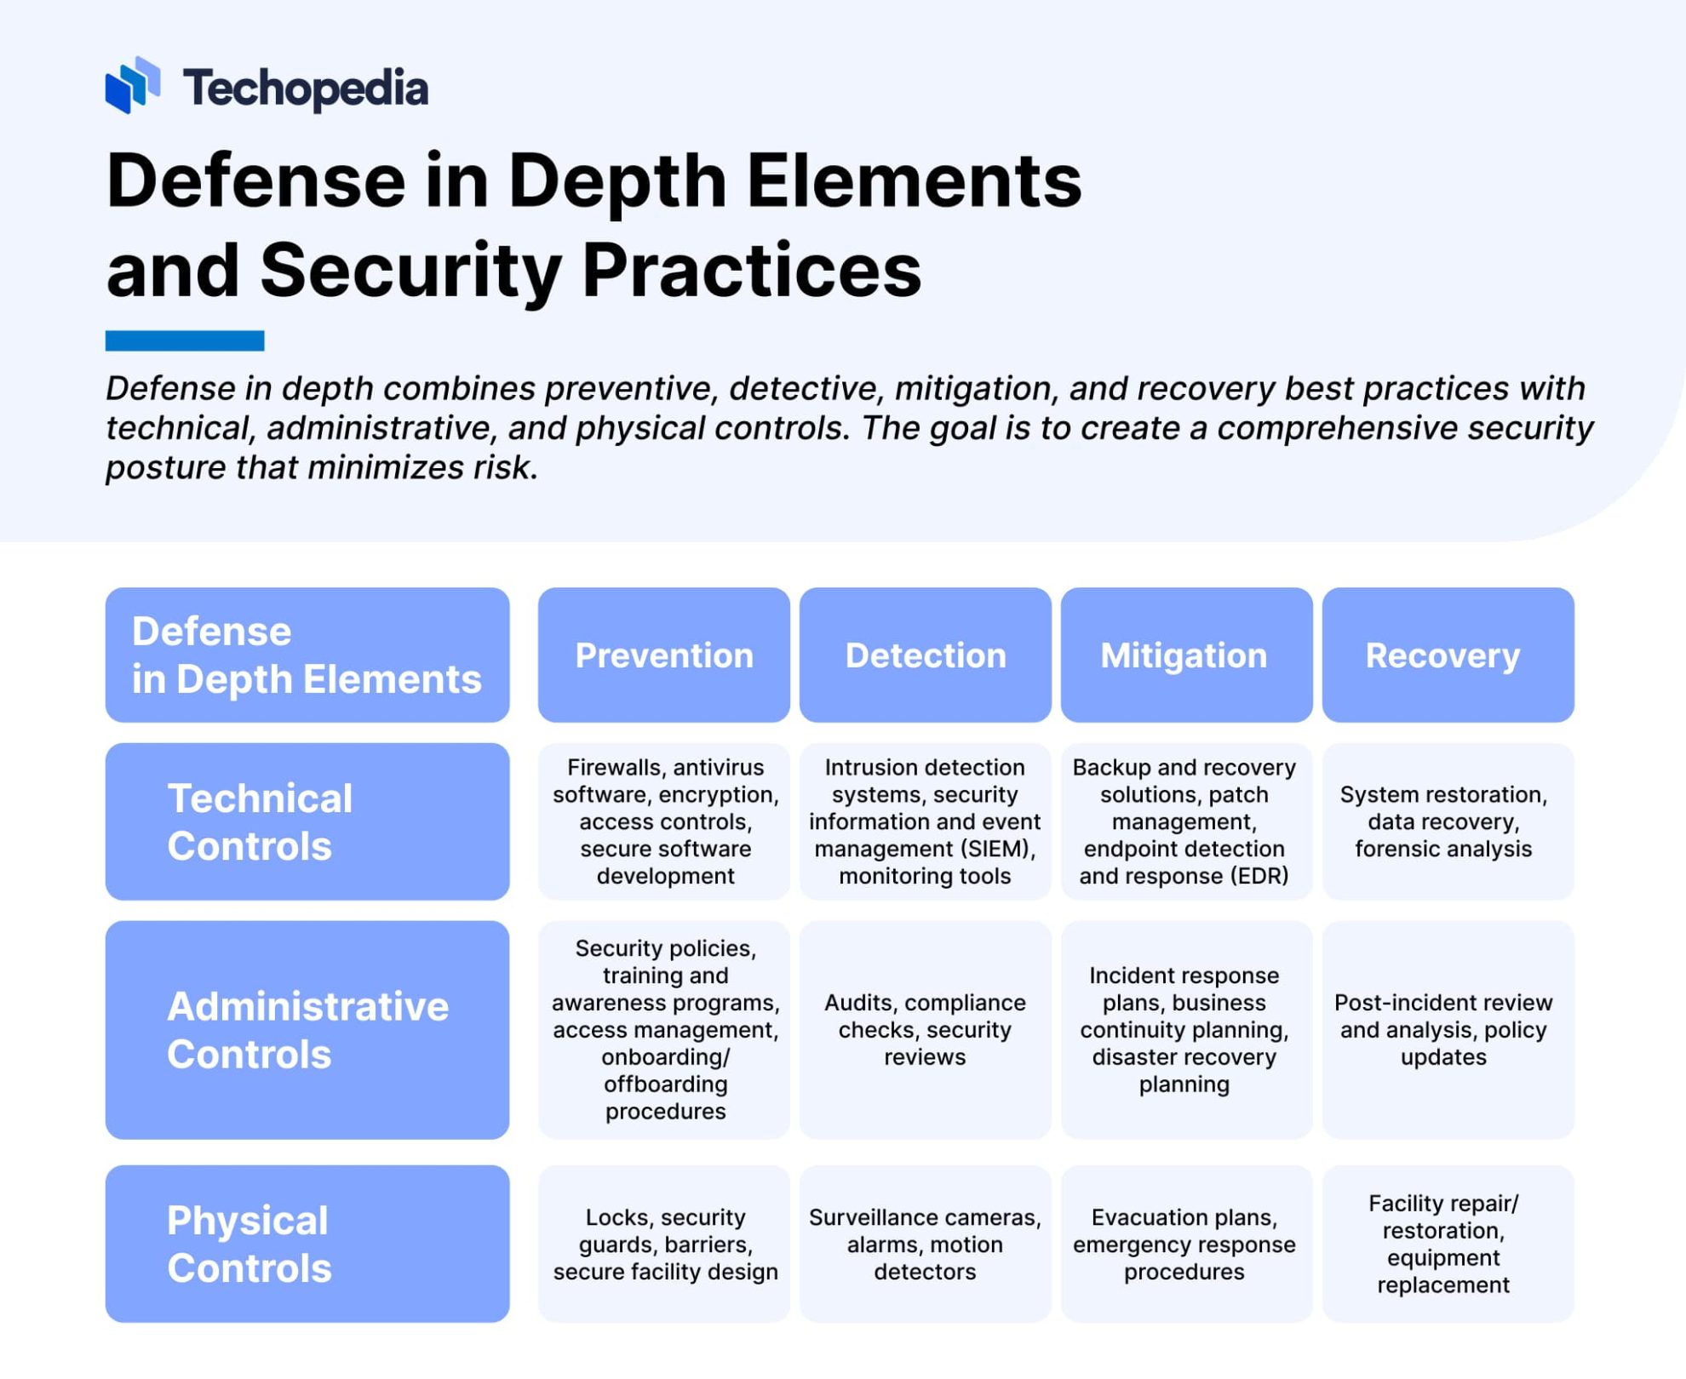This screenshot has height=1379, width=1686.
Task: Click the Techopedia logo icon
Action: point(132,85)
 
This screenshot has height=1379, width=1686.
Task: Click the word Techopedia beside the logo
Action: point(305,88)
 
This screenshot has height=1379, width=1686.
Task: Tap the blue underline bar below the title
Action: point(184,340)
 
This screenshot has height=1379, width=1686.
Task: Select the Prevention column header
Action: point(663,655)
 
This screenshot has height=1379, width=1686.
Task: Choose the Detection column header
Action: point(925,655)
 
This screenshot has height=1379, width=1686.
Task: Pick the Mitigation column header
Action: point(1185,655)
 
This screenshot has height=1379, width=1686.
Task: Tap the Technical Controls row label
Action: point(307,821)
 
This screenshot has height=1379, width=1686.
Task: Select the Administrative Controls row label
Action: point(307,1029)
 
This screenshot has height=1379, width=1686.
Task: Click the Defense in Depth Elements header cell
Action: point(307,655)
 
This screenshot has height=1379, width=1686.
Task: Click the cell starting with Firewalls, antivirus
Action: point(664,821)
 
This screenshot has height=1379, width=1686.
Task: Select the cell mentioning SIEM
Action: point(925,821)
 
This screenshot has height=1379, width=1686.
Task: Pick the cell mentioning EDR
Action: point(1185,821)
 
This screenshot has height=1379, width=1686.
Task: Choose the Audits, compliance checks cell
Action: point(925,1029)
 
